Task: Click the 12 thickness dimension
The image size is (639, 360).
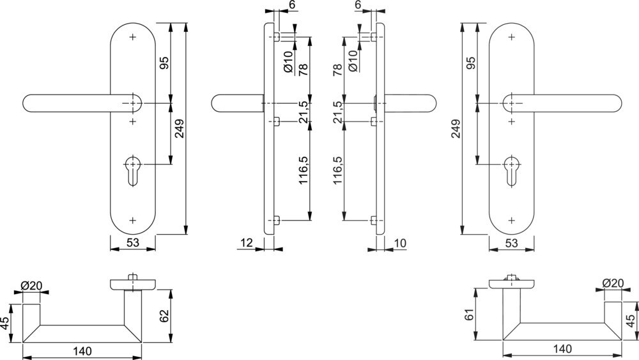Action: [247, 242]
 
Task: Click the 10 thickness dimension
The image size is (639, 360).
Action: [400, 242]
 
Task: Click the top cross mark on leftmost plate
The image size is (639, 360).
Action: [133, 37]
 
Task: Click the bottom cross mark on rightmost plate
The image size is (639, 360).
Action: [511, 220]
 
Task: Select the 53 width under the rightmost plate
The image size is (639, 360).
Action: [511, 243]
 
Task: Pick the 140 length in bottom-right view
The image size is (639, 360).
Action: [562, 349]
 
